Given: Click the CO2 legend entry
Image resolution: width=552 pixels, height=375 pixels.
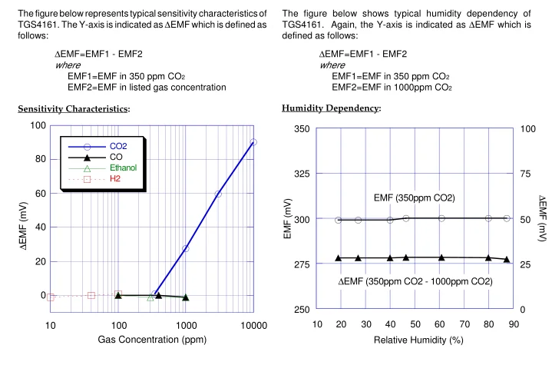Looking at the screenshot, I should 118,145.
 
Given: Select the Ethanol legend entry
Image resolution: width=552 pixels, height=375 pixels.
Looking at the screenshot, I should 122,167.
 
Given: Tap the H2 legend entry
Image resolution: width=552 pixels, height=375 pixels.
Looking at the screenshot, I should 115,178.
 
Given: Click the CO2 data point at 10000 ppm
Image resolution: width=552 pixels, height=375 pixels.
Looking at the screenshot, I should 253,141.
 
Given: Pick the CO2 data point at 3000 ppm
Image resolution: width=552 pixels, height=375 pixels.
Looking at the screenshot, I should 218,194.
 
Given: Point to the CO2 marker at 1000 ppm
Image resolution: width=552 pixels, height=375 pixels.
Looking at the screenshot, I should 186,249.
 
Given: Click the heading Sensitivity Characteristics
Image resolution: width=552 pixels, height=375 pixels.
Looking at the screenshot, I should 74,108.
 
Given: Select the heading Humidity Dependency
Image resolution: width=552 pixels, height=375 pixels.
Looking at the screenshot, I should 331,108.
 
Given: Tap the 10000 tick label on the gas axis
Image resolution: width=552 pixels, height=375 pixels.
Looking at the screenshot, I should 253,327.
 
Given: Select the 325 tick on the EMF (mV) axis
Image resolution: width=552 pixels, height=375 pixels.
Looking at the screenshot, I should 302,174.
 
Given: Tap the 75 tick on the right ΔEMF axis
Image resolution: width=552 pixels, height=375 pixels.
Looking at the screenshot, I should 525,174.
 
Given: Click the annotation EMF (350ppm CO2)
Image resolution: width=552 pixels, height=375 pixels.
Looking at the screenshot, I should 414,198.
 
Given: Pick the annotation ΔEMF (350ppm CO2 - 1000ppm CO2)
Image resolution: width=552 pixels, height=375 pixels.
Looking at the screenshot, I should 415,281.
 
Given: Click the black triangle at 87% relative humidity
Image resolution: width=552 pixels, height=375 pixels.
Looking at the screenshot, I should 507,260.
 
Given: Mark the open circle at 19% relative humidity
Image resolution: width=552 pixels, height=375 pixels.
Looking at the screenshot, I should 338,220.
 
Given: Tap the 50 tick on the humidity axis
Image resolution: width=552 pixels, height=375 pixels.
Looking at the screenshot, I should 416,324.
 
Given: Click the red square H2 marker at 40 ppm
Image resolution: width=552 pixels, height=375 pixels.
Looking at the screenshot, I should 91,295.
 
